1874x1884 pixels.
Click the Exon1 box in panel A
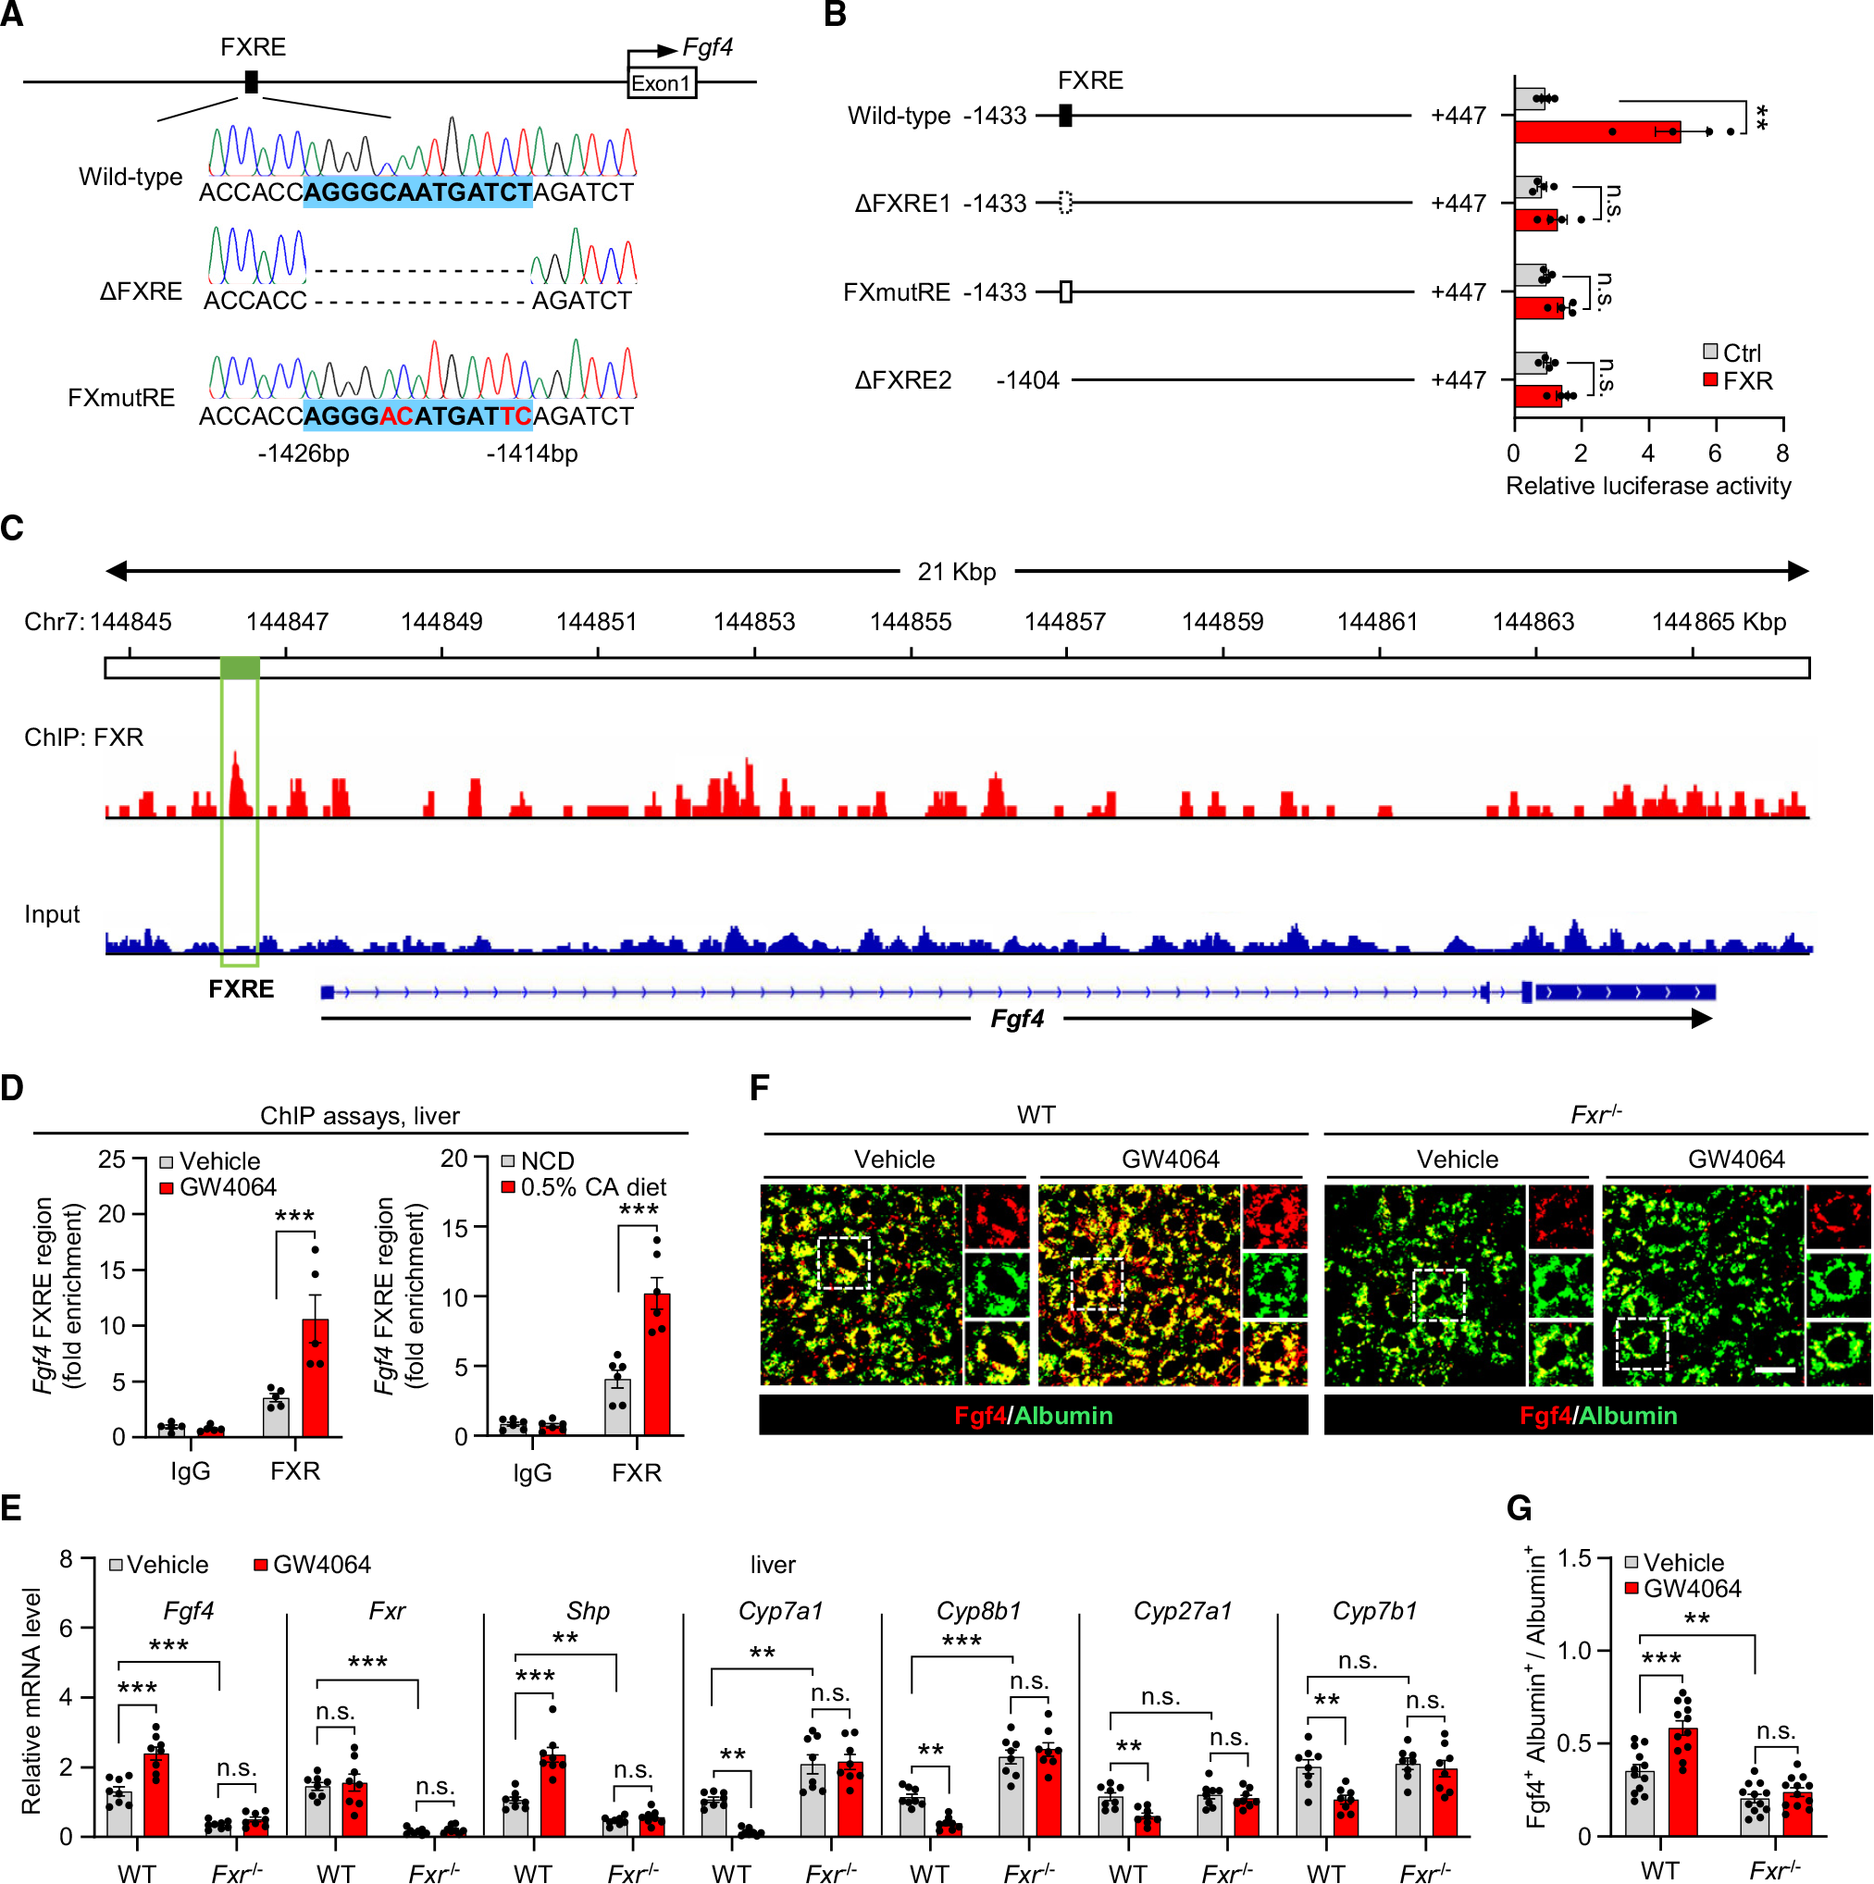click(661, 83)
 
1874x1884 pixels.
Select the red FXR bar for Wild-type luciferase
click(1596, 131)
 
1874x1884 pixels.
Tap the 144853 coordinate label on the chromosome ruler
click(753, 622)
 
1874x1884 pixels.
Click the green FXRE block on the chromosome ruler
click(240, 668)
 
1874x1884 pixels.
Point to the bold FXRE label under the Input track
click(241, 989)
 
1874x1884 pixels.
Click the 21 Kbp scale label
click(957, 572)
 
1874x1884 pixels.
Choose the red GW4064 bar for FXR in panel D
click(315, 1377)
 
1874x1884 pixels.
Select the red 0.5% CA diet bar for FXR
click(657, 1364)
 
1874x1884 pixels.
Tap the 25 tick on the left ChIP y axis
click(111, 1159)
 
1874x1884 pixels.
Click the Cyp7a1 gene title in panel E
click(780, 1611)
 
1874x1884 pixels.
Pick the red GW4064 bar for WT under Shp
click(552, 1794)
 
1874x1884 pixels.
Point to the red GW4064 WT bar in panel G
click(1682, 1781)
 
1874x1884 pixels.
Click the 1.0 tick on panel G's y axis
click(1576, 1650)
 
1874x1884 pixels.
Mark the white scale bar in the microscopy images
click(1775, 1370)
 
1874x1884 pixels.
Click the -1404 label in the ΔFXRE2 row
click(1026, 380)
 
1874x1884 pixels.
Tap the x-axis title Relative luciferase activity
click(1648, 486)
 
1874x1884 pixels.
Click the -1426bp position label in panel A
click(304, 453)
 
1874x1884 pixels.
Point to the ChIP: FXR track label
click(84, 737)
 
